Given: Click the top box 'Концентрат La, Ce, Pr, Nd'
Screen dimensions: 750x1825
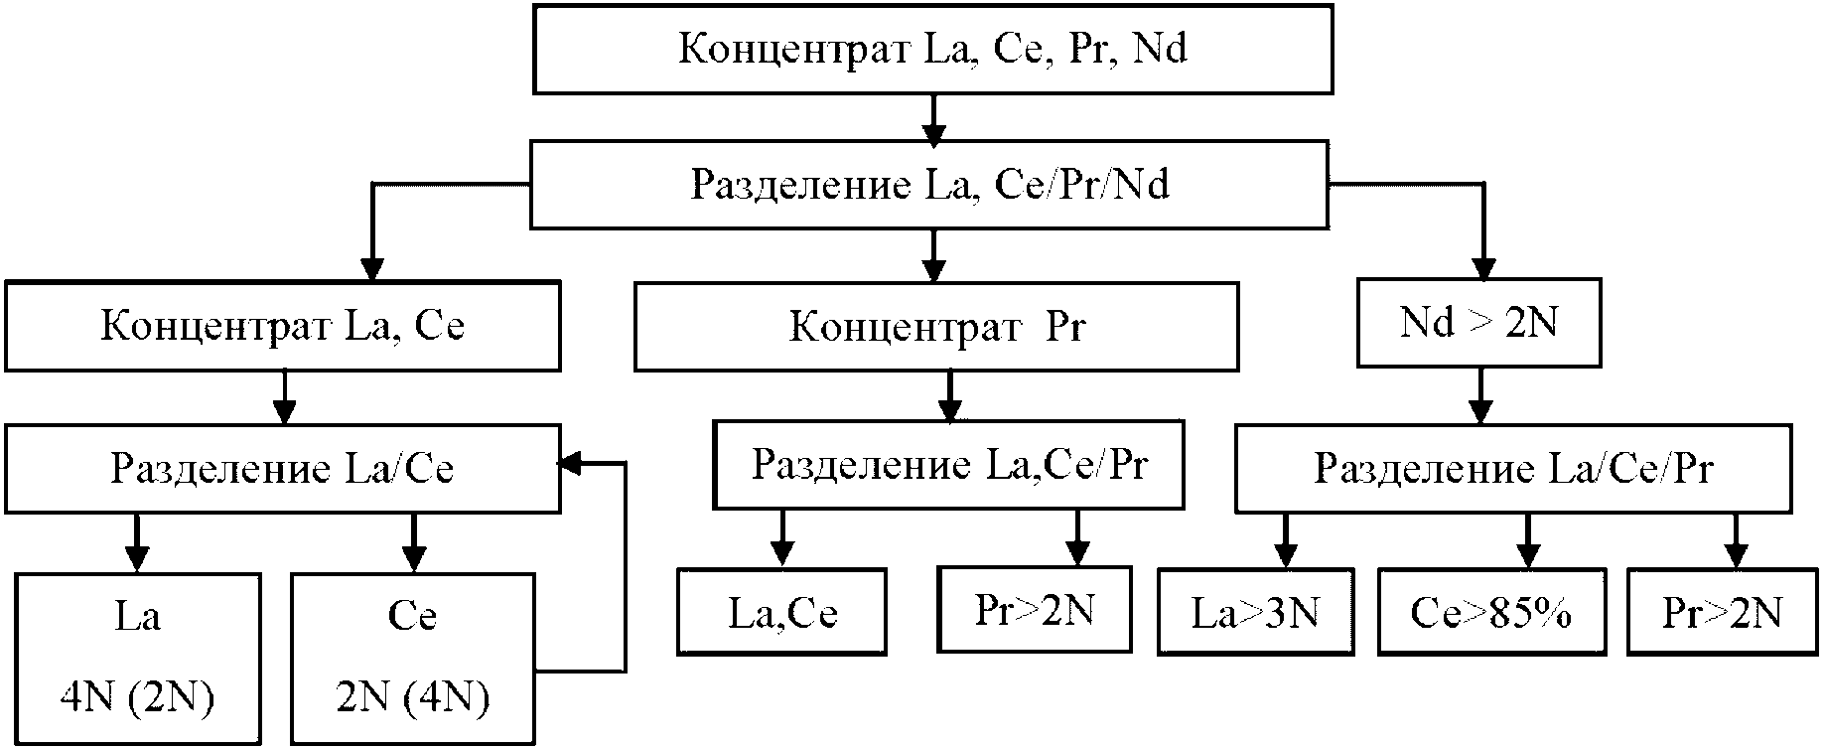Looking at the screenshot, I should [x=932, y=49].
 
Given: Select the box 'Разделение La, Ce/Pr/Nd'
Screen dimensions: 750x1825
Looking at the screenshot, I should [x=929, y=186].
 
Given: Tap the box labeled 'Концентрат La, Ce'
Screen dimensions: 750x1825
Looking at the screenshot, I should [x=282, y=327].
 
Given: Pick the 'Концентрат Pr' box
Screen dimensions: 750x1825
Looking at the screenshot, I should [x=935, y=327].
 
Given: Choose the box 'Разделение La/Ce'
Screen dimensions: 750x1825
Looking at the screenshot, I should [x=282, y=469].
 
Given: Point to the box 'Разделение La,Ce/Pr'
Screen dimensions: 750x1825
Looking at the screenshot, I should [x=948, y=465].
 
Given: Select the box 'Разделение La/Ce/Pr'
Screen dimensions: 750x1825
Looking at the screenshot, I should [x=1513, y=469].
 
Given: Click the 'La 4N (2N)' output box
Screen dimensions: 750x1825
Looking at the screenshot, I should [x=137, y=658].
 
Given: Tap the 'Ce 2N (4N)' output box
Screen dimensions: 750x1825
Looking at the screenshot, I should [x=413, y=658].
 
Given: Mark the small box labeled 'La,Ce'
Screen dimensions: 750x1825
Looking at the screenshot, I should [x=782, y=612].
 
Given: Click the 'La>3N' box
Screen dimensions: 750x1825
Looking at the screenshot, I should [x=1255, y=613].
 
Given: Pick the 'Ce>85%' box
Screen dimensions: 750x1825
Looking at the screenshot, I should [x=1491, y=613].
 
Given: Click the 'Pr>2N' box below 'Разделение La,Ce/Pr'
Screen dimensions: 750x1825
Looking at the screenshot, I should [x=1034, y=609].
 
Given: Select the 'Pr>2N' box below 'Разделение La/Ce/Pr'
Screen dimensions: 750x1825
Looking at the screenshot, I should [x=1722, y=613].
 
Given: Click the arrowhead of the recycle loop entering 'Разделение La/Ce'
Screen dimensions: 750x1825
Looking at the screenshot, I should [x=572, y=463].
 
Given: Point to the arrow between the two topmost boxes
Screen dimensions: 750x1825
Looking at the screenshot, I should [x=931, y=118].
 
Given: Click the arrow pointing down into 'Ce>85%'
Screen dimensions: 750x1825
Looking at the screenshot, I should [x=1528, y=540].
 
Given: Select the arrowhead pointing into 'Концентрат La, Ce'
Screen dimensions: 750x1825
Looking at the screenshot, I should [x=371, y=268].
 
